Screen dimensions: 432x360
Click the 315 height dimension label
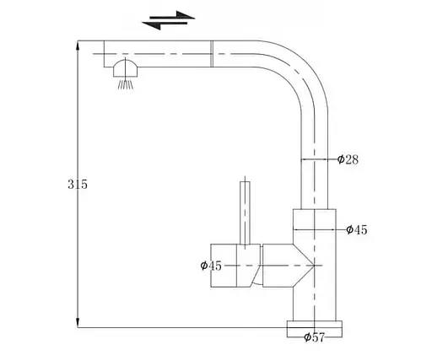click(78, 185)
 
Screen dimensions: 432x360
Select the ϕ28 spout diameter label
click(348, 159)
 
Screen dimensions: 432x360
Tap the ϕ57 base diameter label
click(315, 337)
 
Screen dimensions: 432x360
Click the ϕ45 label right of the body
click(357, 230)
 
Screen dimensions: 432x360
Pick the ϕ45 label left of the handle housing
click(211, 266)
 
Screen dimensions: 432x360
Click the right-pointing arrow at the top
click(172, 16)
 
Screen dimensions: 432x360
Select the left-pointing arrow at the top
click(165, 24)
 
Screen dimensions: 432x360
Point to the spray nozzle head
click(126, 68)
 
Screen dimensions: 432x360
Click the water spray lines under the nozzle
click(126, 84)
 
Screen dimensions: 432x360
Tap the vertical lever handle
click(245, 212)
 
